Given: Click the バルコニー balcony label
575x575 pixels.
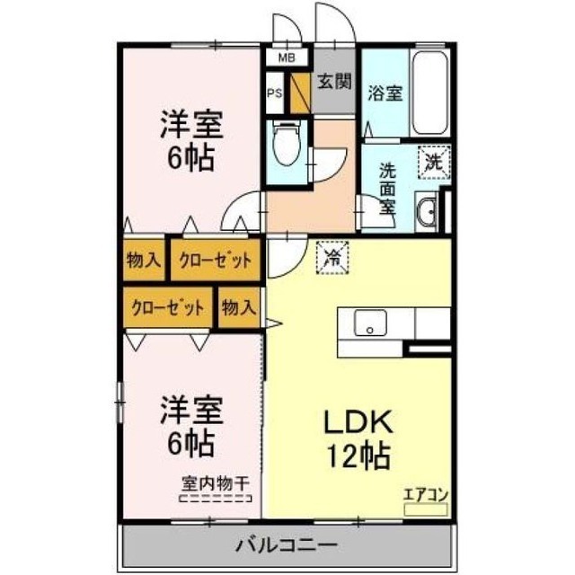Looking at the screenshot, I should click(x=287, y=544).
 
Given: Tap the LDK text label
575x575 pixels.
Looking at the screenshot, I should click(x=358, y=423).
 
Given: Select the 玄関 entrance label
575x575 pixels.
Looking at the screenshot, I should click(x=333, y=84).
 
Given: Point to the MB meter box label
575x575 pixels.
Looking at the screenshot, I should click(x=286, y=58).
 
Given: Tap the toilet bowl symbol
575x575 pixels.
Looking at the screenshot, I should click(x=287, y=144).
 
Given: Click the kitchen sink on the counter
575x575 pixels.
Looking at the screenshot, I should click(x=369, y=323).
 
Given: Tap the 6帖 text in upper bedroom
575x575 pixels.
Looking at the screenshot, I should click(x=190, y=158).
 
